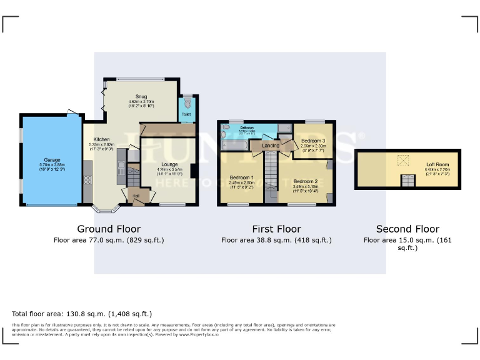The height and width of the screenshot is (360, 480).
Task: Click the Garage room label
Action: pos(52,159)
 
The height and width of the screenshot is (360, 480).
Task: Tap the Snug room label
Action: pos(141,97)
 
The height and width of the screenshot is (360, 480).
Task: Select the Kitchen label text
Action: pos(102,139)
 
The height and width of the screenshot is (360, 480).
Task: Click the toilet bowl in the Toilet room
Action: pos(187,105)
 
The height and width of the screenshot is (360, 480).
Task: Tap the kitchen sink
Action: pos(121,168)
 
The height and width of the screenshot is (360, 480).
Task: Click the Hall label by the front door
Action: pos(136,196)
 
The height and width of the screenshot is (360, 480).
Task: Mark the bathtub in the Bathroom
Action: pos(234,145)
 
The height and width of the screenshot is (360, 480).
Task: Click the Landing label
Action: pos(271,146)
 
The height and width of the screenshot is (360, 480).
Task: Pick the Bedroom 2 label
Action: pos(306,181)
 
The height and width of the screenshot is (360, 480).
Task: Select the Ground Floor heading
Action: pos(109,229)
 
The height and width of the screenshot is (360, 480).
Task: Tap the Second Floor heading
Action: pos(407,229)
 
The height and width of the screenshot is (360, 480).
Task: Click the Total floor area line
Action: pos(82,314)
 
